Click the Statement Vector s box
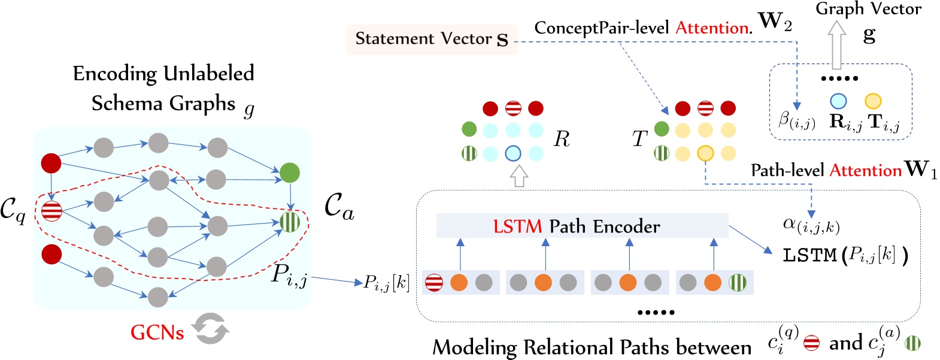(431, 40)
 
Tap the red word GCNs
(157, 332)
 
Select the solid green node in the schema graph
(289, 173)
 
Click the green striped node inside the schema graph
(290, 222)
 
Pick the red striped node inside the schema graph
(52, 210)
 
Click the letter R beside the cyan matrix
(562, 140)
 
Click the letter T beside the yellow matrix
(639, 139)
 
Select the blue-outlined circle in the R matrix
(513, 153)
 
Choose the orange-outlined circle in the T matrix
(705, 153)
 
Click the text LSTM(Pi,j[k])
(845, 255)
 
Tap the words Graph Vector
(868, 9)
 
